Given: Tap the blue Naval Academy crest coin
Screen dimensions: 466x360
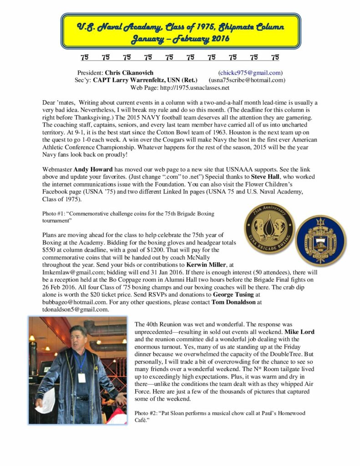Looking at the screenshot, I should point(321,241).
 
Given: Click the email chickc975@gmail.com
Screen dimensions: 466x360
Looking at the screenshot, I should point(250,72).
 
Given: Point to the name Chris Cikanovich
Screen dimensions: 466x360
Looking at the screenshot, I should point(129,72).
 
